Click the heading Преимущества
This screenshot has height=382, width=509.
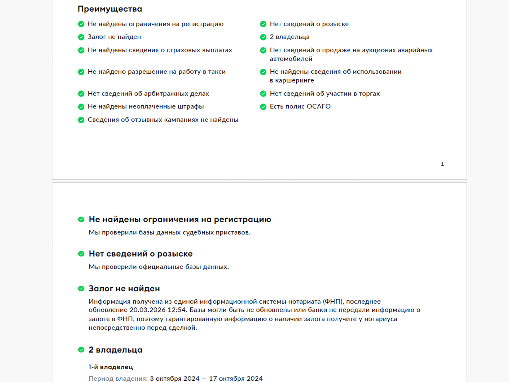(x=110, y=9)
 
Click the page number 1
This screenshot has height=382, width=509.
(x=442, y=164)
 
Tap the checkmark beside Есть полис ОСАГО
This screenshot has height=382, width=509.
(x=263, y=107)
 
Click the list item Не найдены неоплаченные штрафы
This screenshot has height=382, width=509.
(x=146, y=106)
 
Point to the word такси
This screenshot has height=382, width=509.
(x=217, y=72)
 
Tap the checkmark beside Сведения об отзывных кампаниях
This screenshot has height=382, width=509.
(x=81, y=120)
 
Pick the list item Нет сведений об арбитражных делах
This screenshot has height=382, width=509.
(x=148, y=94)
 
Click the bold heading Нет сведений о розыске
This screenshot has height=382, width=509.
(x=141, y=254)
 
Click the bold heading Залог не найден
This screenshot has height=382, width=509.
(x=124, y=289)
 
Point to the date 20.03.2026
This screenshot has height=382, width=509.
(x=147, y=310)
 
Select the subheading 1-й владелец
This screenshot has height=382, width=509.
(x=111, y=367)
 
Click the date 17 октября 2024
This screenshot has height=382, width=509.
(x=236, y=379)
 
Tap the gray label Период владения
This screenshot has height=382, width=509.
(x=118, y=379)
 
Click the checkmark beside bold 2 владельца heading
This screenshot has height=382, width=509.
(x=81, y=350)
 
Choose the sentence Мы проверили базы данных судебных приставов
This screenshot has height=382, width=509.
(x=169, y=233)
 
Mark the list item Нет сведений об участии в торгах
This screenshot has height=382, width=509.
(x=324, y=94)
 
